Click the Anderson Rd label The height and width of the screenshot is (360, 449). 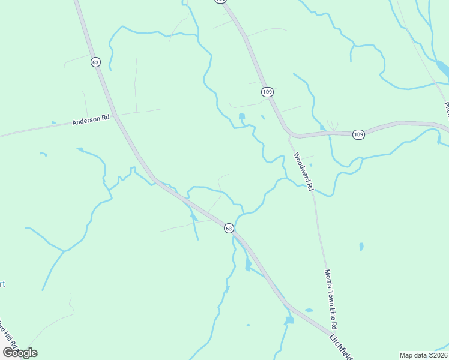pyautogui.click(x=91, y=120)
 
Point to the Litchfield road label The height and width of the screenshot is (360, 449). pyautogui.click(x=340, y=347)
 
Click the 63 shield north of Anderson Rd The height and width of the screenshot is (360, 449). pyautogui.click(x=95, y=62)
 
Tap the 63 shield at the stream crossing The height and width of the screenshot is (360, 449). pyautogui.click(x=228, y=228)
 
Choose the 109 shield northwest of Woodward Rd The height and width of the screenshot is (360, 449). pyautogui.click(x=267, y=92)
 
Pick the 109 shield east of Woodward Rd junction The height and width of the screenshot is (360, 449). pyautogui.click(x=358, y=134)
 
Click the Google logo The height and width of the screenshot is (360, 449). pyautogui.click(x=20, y=353)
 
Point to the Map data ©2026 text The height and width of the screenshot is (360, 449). pyautogui.click(x=423, y=355)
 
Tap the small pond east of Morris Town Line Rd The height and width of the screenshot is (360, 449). pyautogui.click(x=361, y=247)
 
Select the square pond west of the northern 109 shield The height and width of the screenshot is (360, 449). pyautogui.click(x=241, y=116)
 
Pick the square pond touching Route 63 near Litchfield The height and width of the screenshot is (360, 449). pyautogui.click(x=289, y=320)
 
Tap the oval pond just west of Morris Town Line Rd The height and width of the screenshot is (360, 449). pyautogui.click(x=309, y=310)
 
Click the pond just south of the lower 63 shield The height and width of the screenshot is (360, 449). pyautogui.click(x=248, y=265)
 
